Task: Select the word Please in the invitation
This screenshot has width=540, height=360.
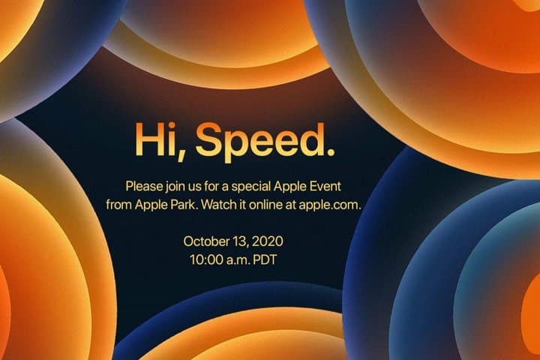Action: click(x=144, y=185)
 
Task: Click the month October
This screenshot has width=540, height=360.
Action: click(x=206, y=241)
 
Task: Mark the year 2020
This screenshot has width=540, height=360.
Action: click(x=269, y=241)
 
